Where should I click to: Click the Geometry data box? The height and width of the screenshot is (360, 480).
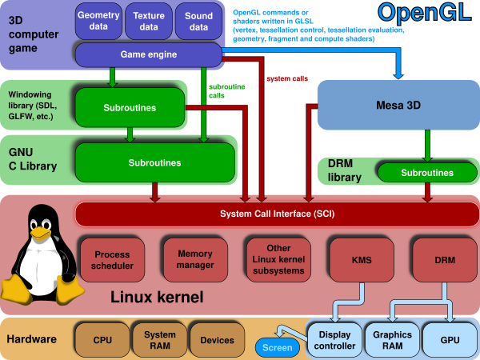point(98,21)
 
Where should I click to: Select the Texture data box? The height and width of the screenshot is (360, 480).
point(149,21)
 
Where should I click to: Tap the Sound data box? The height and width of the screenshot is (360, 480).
point(198,21)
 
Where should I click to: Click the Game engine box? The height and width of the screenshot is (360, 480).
point(148,55)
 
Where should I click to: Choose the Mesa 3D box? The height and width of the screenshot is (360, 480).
point(398,105)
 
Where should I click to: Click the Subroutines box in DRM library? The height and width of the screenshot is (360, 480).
point(426,172)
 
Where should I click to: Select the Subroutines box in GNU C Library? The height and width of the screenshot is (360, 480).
point(154,162)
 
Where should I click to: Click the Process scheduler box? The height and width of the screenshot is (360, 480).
point(111,260)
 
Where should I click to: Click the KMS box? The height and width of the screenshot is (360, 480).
point(362,260)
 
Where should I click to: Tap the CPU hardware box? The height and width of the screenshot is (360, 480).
point(102,340)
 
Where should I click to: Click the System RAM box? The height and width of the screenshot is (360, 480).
point(160,340)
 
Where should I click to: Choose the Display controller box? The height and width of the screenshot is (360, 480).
point(335,340)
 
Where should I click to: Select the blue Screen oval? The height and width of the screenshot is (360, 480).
point(278,348)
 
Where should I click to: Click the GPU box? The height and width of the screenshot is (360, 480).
point(449,340)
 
